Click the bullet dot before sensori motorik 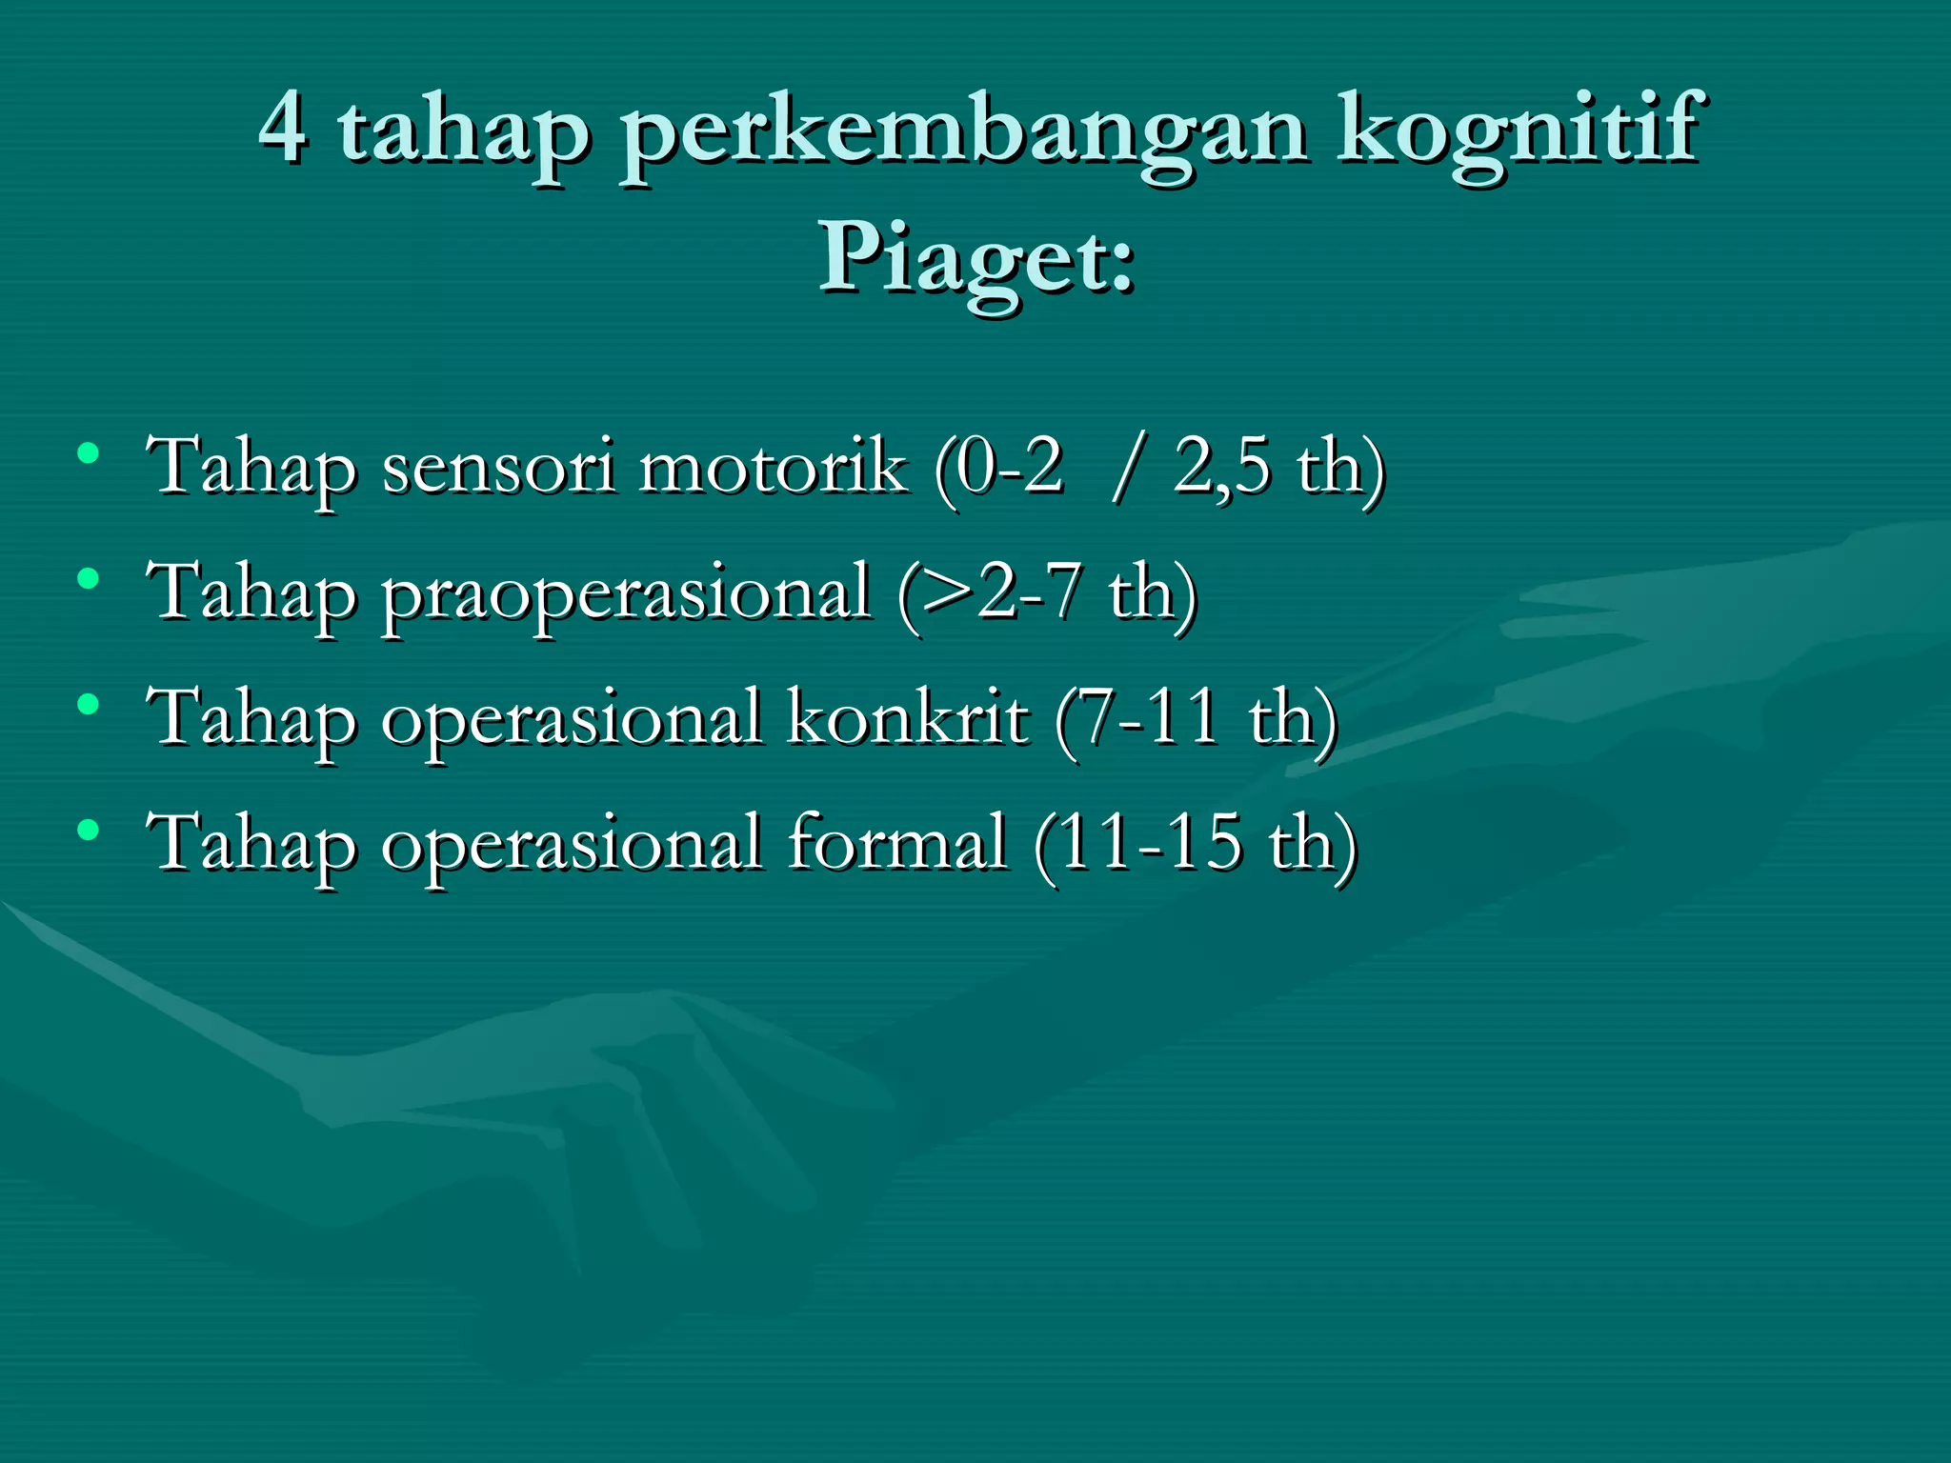(89, 452)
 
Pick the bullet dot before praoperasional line (89, 578)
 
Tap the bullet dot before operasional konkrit (89, 705)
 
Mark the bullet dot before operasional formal (89, 831)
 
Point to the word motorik (773, 467)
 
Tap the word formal (896, 843)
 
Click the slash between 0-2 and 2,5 (1124, 467)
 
